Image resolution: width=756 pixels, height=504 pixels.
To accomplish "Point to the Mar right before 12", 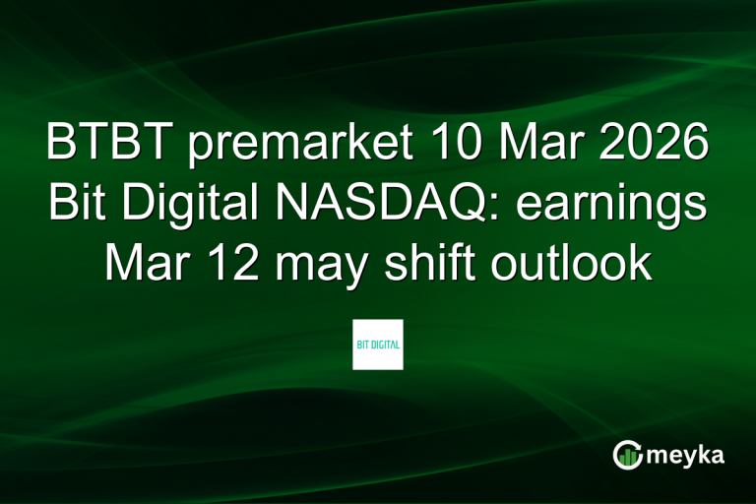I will point(147,264).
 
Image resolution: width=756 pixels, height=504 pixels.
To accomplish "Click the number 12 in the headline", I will point(228,264).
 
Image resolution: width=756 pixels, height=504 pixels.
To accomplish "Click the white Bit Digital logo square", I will point(378,344).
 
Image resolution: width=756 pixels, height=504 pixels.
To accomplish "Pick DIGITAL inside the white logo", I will point(385,345).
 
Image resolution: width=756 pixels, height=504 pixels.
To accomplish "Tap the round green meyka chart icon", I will point(627,454).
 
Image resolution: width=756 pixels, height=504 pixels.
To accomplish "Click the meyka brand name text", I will point(686,455).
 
